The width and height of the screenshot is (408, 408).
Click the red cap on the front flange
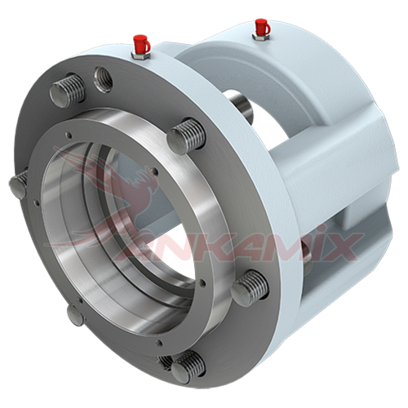click(x=141, y=43)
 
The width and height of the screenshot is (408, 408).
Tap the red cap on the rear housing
click(x=263, y=27)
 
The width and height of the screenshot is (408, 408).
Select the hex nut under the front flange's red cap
click(x=140, y=55)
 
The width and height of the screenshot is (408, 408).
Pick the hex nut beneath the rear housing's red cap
click(x=261, y=37)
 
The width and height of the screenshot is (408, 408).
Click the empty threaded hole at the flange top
click(x=103, y=79)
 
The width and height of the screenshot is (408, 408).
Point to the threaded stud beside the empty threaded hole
click(x=68, y=91)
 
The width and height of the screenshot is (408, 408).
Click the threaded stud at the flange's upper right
click(x=187, y=136)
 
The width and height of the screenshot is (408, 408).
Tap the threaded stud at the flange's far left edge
click(x=19, y=184)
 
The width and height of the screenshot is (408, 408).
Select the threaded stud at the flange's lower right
click(x=250, y=288)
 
